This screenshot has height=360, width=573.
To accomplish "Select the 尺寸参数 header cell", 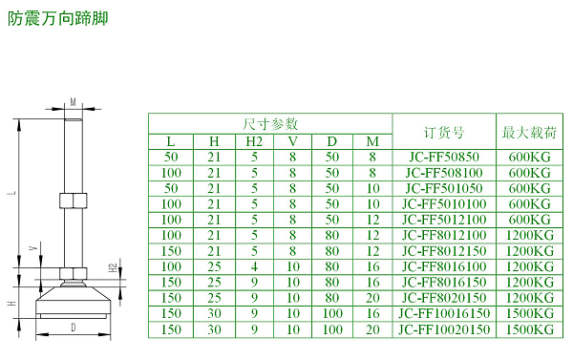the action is pyautogui.click(x=271, y=123).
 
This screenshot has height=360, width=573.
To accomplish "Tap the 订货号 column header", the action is pyautogui.click(x=443, y=131).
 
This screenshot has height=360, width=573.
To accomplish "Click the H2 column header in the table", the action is pyautogui.click(x=255, y=141).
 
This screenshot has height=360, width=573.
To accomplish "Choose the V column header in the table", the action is pyautogui.click(x=293, y=141).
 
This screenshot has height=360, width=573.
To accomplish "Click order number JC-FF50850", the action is pyautogui.click(x=443, y=157).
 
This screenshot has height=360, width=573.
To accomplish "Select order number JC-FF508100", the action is pyautogui.click(x=443, y=172).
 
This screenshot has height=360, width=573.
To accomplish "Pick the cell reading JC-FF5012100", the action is pyautogui.click(x=443, y=219).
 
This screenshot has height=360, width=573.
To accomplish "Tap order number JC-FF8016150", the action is pyautogui.click(x=443, y=282).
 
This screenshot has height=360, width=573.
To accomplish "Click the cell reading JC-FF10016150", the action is pyautogui.click(x=443, y=313).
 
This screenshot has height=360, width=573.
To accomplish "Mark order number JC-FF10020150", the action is pyautogui.click(x=443, y=328).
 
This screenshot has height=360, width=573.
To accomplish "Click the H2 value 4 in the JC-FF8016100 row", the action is pyautogui.click(x=255, y=265).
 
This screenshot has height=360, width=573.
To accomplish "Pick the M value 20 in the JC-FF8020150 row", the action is pyautogui.click(x=372, y=297).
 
